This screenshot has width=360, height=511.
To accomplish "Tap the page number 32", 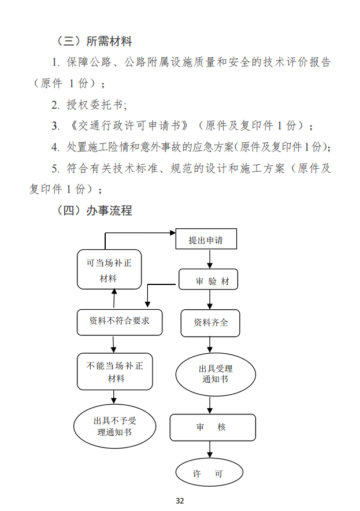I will click(x=180, y=501).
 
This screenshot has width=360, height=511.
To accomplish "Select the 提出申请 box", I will click(x=206, y=240).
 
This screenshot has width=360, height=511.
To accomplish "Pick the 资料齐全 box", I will click(x=210, y=323).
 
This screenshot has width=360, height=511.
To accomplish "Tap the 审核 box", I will click(x=212, y=427).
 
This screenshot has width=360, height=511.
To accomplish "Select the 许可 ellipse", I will click(x=207, y=474).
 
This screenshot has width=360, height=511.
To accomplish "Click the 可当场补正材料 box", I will click(x=109, y=270).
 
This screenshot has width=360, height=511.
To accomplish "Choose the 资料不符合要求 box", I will click(x=120, y=322).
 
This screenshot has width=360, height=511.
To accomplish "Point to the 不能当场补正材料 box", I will click(x=114, y=372).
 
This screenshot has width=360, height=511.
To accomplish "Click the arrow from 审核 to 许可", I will click(x=209, y=450).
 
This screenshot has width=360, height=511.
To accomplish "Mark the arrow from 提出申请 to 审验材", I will click(x=209, y=260).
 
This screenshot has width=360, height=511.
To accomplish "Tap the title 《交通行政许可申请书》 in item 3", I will click(x=128, y=125).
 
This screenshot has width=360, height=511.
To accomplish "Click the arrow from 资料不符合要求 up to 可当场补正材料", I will click(x=114, y=299).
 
